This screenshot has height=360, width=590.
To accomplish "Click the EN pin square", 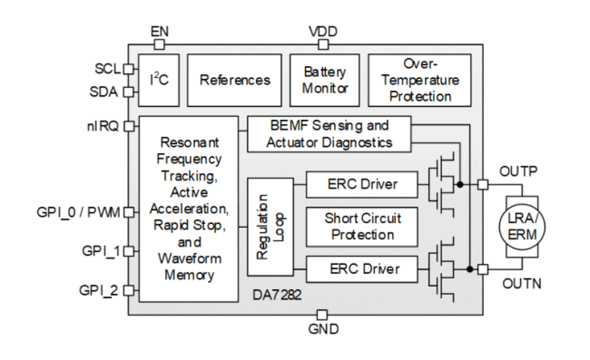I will [x=160, y=45].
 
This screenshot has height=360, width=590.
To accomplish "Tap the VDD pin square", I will [x=323, y=45].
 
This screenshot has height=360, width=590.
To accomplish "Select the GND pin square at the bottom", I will [x=322, y=314].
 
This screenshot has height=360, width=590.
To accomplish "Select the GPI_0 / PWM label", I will [x=79, y=212].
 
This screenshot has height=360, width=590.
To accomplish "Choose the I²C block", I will [x=159, y=79].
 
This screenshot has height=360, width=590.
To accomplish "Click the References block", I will [x=235, y=79].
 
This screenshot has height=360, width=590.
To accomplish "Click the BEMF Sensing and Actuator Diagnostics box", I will [x=329, y=134].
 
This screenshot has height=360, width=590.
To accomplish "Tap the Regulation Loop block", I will [x=270, y=227].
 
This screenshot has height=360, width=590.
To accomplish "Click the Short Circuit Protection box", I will [x=362, y=226].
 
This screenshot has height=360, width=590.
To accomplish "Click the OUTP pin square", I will [x=482, y=184].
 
